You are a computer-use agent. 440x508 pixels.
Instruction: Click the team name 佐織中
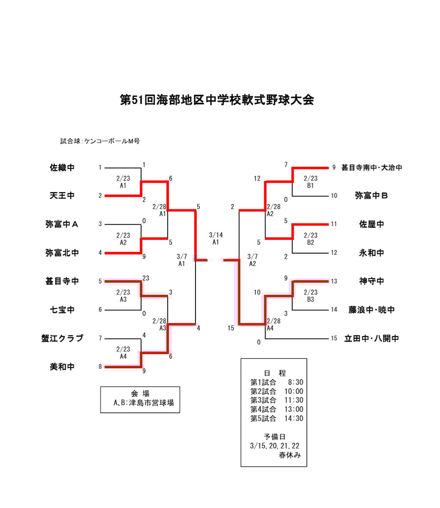pyautogui.click(x=62, y=168)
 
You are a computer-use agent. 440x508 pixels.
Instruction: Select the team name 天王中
pyautogui.click(x=62, y=196)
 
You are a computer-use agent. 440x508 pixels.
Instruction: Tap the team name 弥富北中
pyautogui.click(x=62, y=253)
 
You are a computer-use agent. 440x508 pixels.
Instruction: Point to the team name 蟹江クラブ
pyautogui.click(x=62, y=338)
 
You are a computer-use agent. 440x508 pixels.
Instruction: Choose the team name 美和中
pyautogui.click(x=62, y=367)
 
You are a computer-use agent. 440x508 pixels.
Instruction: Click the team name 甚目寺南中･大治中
pyautogui.click(x=372, y=168)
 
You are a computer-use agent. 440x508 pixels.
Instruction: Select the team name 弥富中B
pyautogui.click(x=372, y=196)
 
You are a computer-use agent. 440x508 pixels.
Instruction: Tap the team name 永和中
pyautogui.click(x=372, y=253)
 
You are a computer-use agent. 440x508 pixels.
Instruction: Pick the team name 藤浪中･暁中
pyautogui.click(x=372, y=310)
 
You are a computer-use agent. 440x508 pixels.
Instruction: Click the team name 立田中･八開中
pyautogui.click(x=372, y=338)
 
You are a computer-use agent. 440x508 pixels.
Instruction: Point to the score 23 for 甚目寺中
pyautogui.click(x=146, y=278)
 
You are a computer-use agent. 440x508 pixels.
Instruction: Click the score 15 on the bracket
pyautogui.click(x=231, y=328)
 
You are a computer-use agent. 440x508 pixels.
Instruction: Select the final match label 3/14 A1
pyautogui.click(x=216, y=239)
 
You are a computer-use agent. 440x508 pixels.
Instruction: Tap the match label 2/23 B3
pyautogui.click(x=310, y=296)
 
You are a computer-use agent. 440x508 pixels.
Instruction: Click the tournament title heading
pyautogui.click(x=217, y=100)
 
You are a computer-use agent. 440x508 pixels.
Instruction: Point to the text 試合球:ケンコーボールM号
pyautogui.click(x=100, y=141)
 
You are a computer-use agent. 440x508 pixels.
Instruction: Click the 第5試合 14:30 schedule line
pyautogui.click(x=277, y=418)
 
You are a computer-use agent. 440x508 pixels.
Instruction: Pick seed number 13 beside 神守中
pyautogui.click(x=334, y=282)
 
